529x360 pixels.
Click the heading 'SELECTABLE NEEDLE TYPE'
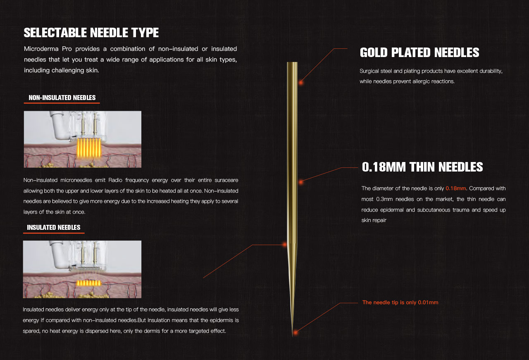91,33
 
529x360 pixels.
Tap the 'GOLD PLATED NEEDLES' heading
419,52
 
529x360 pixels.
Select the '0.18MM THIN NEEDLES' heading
422,167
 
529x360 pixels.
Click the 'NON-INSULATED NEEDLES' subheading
62,98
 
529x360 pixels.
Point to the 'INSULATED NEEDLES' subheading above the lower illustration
54,227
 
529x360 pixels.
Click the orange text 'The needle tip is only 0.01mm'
400,303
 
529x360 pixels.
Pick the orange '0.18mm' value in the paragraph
455,188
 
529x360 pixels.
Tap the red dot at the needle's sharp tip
295,333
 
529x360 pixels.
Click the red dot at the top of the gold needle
301,82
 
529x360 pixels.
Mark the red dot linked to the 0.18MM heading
301,182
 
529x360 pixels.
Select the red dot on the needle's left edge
285,245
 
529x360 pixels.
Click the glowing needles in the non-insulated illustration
89,148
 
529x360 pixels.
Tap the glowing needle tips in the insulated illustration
88,283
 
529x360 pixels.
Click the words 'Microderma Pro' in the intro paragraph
48,49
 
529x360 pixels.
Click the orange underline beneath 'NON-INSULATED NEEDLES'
62,103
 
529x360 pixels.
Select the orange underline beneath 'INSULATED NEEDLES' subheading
54,233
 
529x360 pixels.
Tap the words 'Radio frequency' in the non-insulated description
129,180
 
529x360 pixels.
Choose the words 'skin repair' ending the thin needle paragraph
374,220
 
